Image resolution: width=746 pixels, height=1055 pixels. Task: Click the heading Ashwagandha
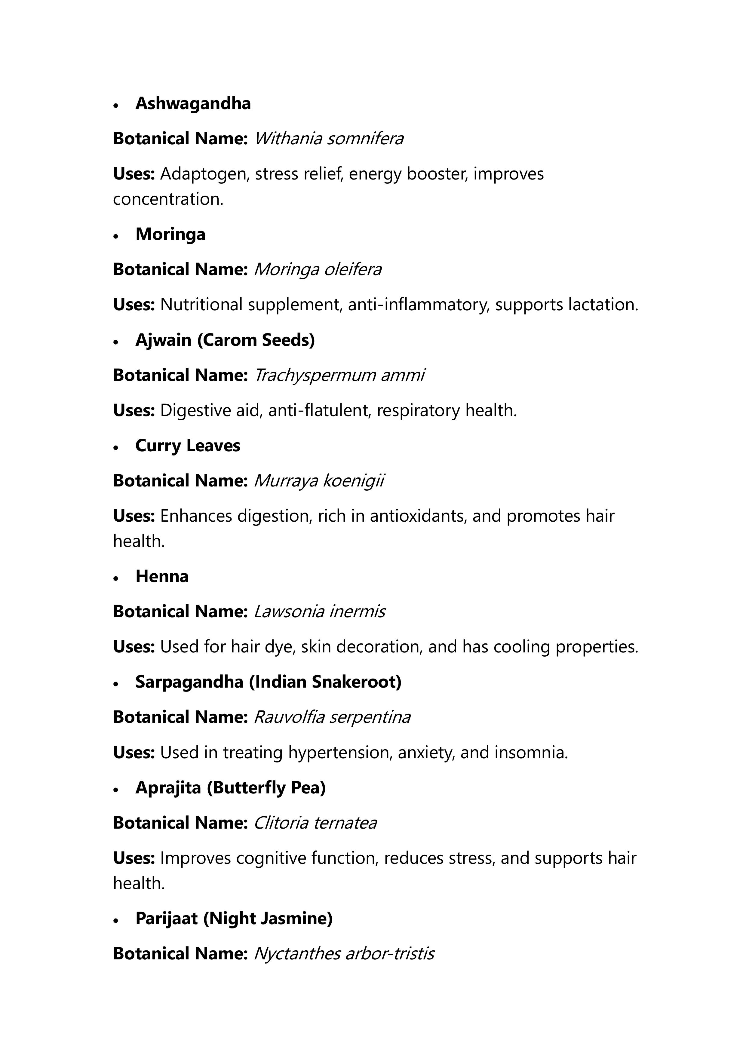pyautogui.click(x=193, y=104)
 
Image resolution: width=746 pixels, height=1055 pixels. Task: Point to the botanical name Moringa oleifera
pyautogui.click(x=318, y=270)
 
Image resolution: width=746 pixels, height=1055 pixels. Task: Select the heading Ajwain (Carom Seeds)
pyautogui.click(x=225, y=340)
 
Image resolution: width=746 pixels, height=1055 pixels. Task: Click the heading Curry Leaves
pyautogui.click(x=188, y=446)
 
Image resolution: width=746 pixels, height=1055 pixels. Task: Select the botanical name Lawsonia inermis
pyautogui.click(x=319, y=612)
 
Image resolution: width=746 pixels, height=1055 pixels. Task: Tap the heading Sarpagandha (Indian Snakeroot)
pyautogui.click(x=268, y=682)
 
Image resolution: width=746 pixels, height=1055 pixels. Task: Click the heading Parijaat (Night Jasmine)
pyautogui.click(x=234, y=919)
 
